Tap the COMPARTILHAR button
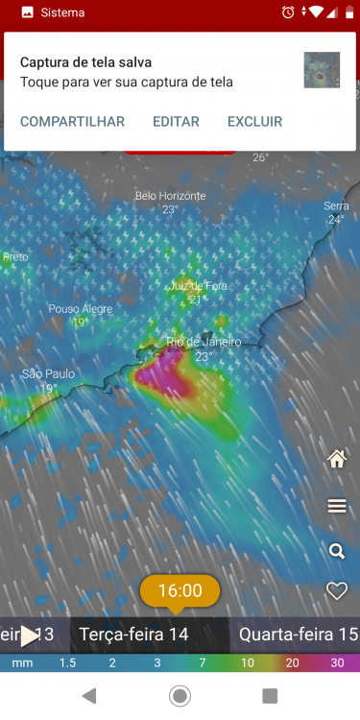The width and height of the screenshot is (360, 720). click(72, 122)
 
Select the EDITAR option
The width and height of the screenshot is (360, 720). click(176, 122)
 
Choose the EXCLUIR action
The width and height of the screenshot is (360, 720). click(254, 122)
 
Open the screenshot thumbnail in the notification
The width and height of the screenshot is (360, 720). click(322, 70)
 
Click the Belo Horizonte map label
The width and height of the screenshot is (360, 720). click(170, 196)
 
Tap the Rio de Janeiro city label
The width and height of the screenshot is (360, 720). click(204, 342)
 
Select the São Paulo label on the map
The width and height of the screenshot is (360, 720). click(48, 374)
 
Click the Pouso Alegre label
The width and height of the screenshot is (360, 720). click(81, 309)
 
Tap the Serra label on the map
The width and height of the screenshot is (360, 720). click(336, 206)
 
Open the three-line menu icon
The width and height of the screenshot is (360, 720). click(337, 506)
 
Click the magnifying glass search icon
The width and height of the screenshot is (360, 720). click(337, 550)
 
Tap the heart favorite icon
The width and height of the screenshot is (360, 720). click(337, 591)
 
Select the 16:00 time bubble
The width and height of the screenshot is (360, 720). click(180, 590)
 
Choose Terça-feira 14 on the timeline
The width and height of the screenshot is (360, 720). click(133, 635)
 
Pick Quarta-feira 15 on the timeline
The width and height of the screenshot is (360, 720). click(298, 635)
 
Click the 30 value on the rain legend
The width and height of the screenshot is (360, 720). click(337, 662)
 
